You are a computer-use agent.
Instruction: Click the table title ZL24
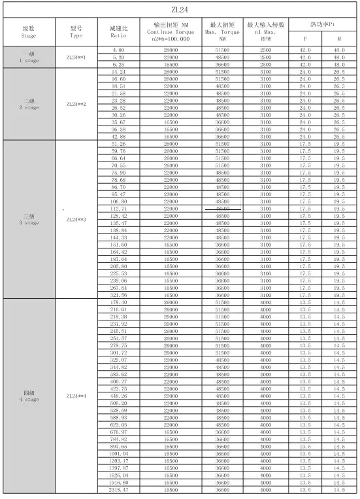tap(180, 10)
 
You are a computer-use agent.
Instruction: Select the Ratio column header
tap(118, 31)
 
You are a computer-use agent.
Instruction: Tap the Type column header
tap(76, 31)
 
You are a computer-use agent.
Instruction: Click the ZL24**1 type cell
tap(76, 58)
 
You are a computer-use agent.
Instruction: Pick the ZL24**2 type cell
tap(76, 104)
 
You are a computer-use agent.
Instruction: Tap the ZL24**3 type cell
tap(76, 220)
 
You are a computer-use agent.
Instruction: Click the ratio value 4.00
tap(118, 50)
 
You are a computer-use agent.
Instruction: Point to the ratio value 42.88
tap(118, 136)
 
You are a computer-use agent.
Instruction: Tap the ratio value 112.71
tap(118, 209)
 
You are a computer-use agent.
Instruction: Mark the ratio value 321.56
tap(118, 295)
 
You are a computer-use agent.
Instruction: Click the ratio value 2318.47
tap(118, 489)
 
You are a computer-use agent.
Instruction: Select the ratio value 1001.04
tap(118, 453)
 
